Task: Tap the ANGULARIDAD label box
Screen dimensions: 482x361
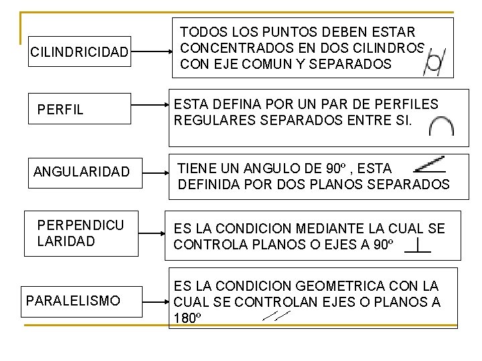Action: coord(82,172)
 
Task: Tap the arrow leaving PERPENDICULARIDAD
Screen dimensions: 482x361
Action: coord(151,233)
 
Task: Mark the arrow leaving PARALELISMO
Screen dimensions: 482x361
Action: coord(154,302)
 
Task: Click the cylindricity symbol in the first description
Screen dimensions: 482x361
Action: coord(433,62)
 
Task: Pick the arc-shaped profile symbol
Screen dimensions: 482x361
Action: coord(441,127)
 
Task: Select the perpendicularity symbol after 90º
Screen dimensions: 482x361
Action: coord(418,245)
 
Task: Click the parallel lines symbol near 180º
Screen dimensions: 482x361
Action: coord(276,315)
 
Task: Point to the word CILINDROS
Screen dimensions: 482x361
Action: coord(391,49)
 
